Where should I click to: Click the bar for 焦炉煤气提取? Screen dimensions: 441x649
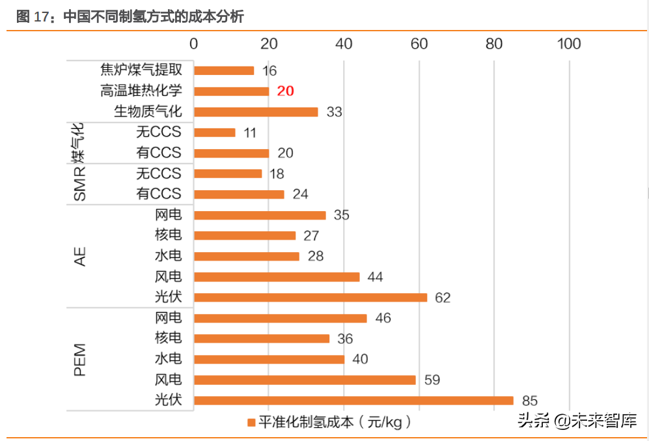[x=223, y=70]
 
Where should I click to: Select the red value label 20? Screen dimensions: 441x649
[x=285, y=91]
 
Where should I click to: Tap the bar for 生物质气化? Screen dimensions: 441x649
[x=255, y=112]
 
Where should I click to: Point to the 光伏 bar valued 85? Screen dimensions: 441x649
[x=353, y=401]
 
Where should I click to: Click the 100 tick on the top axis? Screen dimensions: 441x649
[x=569, y=44]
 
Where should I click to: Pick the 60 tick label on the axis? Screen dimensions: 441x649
[x=419, y=44]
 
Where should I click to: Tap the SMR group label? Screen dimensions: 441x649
[x=79, y=184]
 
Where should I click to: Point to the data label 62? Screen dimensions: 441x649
[x=443, y=298]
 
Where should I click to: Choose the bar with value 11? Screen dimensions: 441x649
[x=214, y=133]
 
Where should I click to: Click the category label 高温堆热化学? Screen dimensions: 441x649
[x=141, y=91]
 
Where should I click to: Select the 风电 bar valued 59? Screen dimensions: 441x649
[x=304, y=380]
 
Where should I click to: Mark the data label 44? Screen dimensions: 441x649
[x=375, y=277]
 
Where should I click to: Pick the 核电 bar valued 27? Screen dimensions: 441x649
[x=244, y=236]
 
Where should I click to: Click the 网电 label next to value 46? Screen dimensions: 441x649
[x=169, y=318]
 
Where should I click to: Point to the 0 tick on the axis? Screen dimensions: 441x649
[x=193, y=44]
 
